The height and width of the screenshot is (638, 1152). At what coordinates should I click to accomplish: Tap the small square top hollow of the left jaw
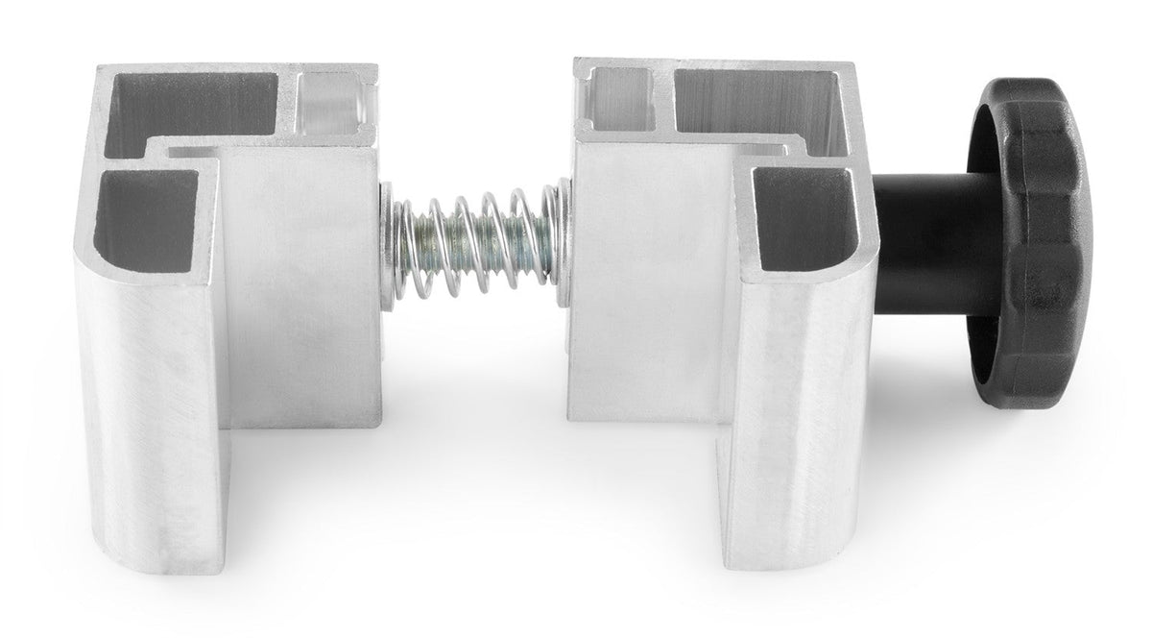(x=331, y=101)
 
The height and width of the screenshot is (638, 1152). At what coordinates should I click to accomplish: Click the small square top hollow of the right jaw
(x=619, y=100)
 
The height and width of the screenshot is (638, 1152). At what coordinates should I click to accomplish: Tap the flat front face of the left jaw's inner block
(x=302, y=288)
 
